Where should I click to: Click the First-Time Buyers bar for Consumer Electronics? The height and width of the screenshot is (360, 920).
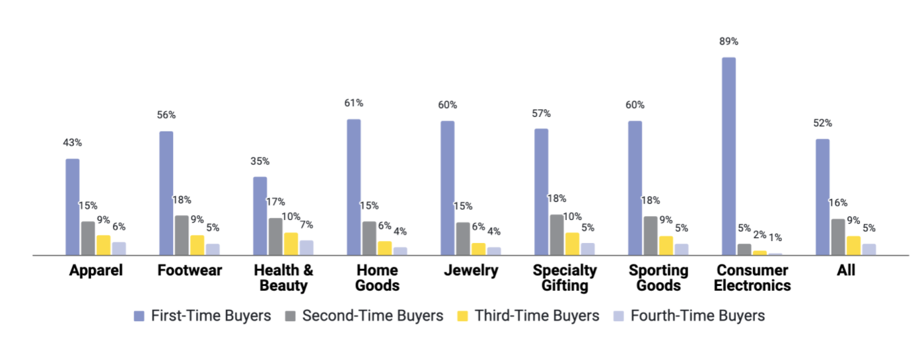(x=728, y=156)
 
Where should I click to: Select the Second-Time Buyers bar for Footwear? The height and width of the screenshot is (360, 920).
(x=182, y=235)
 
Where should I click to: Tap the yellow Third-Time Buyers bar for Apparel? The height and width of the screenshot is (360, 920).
(x=104, y=245)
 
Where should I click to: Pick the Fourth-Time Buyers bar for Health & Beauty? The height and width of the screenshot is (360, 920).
(x=306, y=248)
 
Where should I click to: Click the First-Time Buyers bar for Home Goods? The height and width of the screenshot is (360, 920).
(x=354, y=187)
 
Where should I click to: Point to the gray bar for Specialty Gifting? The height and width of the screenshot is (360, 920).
(x=557, y=234)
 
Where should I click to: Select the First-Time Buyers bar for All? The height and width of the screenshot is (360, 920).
(x=822, y=197)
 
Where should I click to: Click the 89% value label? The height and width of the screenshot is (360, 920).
(x=729, y=42)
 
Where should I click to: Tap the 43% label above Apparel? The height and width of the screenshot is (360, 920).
(x=73, y=143)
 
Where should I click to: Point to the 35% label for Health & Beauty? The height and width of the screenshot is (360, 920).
(x=260, y=161)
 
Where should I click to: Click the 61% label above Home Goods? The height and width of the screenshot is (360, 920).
(x=354, y=103)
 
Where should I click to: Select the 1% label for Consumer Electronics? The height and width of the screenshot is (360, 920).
(x=775, y=237)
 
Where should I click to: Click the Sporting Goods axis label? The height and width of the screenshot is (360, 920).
(x=658, y=278)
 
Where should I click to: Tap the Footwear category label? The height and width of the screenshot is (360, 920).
(x=190, y=271)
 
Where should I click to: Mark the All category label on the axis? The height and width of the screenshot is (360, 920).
(x=845, y=271)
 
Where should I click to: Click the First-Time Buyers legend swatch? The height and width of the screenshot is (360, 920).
(x=139, y=316)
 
